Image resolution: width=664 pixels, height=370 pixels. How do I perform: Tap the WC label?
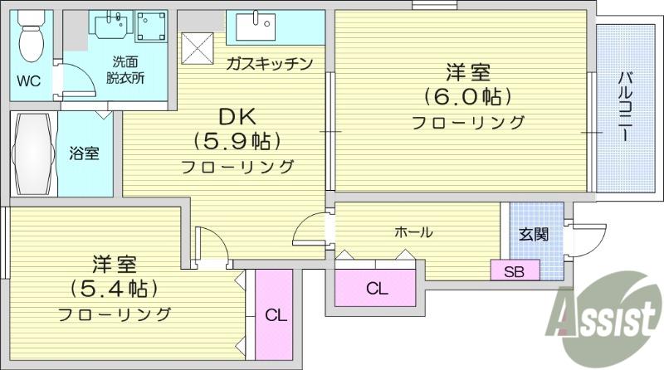(x=29, y=80)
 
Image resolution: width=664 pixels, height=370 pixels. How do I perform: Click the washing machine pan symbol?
(x=151, y=27)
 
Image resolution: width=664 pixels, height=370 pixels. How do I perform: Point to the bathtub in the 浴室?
(x=33, y=153)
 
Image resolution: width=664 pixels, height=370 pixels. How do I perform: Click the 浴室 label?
(x=85, y=153)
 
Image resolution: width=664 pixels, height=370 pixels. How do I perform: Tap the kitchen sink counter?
(x=276, y=27)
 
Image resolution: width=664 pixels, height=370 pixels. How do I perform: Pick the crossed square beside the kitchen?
(x=198, y=48)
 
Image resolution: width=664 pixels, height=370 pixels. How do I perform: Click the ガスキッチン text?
(x=269, y=64)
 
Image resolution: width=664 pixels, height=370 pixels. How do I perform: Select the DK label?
(x=237, y=117)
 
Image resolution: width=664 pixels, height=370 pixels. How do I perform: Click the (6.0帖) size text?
(x=467, y=97)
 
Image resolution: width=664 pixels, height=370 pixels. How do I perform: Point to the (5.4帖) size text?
(x=115, y=289)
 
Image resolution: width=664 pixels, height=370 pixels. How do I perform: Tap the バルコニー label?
(x=625, y=107)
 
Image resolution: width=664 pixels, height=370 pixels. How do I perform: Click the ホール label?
(x=413, y=232)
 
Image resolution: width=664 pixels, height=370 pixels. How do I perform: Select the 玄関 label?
(x=534, y=234)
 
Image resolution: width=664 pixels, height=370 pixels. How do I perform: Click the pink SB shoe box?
(x=515, y=270)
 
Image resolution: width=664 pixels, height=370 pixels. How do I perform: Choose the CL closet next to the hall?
(x=375, y=288)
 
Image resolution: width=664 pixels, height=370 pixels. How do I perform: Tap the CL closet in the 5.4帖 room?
(x=275, y=315)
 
